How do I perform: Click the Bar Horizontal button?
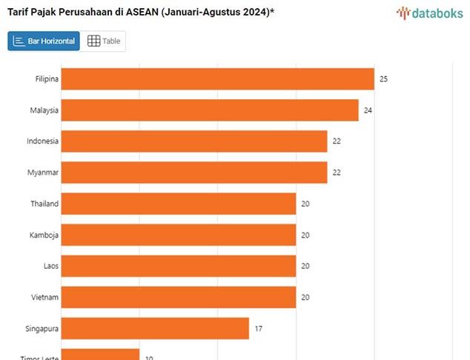click(44, 41)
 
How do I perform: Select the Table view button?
click(104, 41)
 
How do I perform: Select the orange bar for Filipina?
click(217, 79)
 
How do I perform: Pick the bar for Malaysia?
click(209, 110)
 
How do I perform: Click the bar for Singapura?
click(154, 328)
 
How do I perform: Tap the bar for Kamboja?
click(178, 235)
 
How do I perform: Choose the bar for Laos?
click(178, 266)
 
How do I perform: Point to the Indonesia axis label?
click(42, 141)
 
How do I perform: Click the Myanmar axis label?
click(42, 173)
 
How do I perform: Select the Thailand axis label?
click(44, 204)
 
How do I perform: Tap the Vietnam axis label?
click(44, 297)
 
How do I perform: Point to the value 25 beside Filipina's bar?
click(383, 79)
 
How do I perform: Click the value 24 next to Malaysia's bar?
click(368, 110)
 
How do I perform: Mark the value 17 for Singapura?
click(258, 328)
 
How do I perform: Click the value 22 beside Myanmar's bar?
click(337, 173)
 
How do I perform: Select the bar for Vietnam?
click(178, 297)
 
